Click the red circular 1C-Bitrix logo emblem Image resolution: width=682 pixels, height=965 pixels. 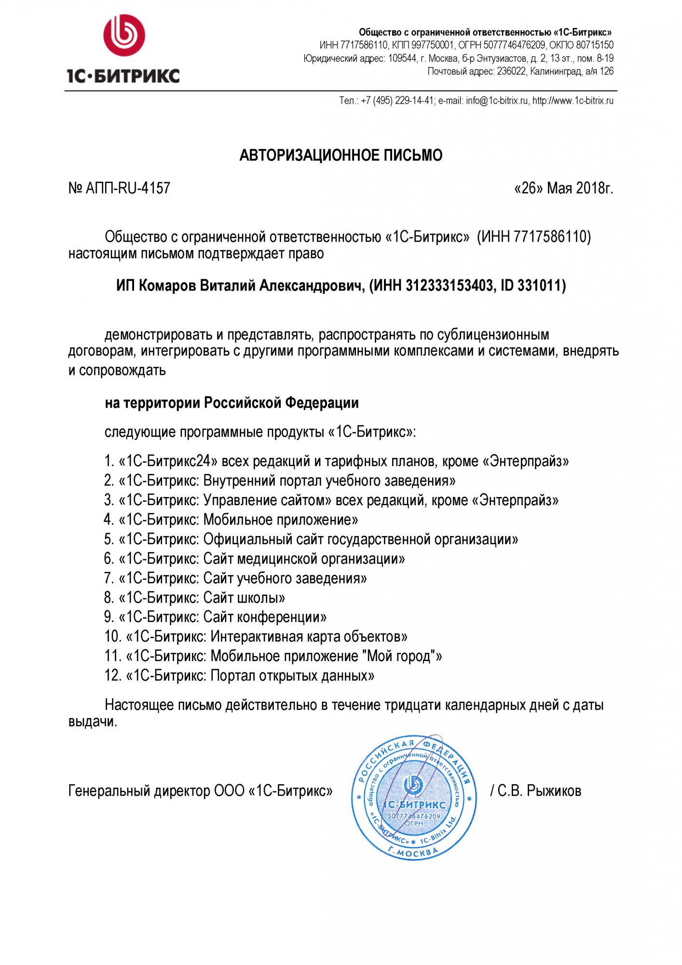(124, 35)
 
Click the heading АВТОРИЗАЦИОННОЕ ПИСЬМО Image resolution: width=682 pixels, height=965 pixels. (341, 155)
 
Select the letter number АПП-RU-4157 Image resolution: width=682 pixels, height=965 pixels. (128, 188)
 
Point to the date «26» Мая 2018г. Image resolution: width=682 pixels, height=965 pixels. (563, 188)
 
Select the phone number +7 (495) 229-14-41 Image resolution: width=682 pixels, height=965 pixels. (397, 101)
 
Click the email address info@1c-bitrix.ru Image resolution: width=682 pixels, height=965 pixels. (497, 101)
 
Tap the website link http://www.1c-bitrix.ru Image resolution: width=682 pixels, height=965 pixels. (573, 101)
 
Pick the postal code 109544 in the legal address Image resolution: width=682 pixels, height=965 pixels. (402, 58)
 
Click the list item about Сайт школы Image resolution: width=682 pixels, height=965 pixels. (194, 598)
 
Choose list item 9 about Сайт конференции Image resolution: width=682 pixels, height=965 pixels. (215, 617)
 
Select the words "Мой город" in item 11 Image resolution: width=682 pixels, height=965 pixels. (399, 656)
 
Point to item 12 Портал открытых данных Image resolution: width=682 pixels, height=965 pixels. (239, 675)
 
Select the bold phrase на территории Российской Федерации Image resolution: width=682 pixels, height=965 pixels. (232, 403)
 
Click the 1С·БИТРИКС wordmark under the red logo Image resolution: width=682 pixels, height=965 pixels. (123, 76)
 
